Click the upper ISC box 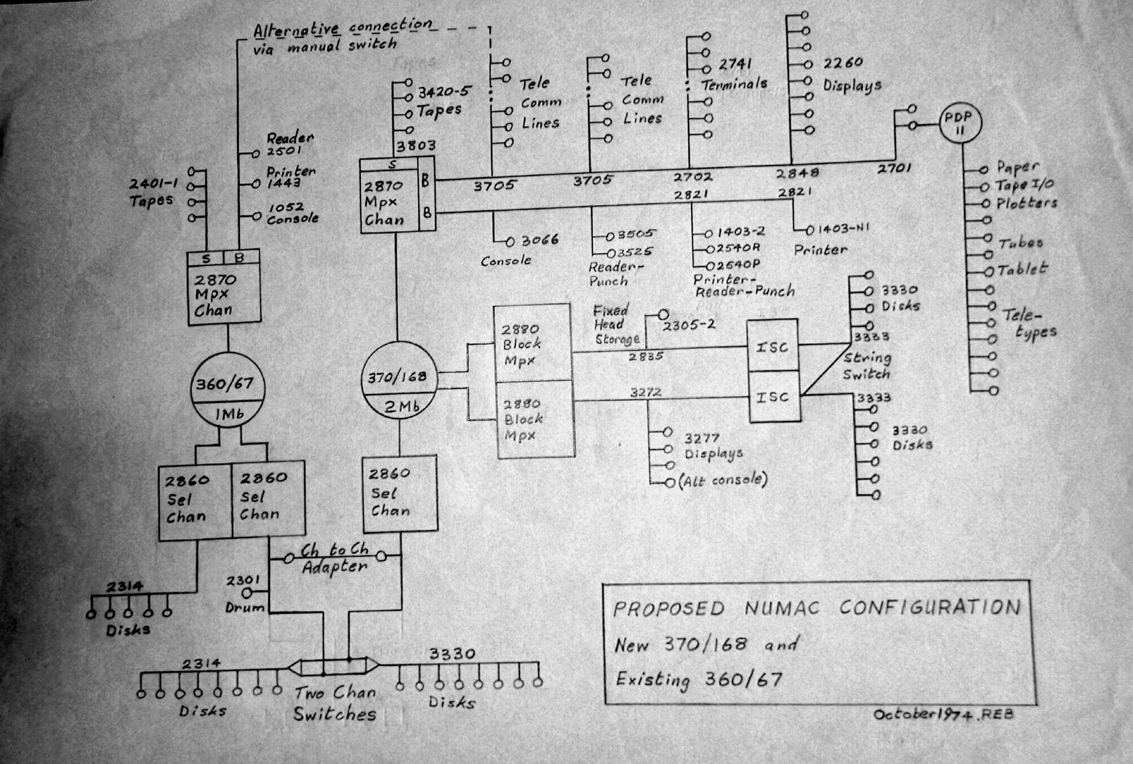773,346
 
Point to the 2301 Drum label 244,593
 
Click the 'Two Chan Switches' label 334,703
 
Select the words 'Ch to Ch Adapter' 335,558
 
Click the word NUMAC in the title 783,607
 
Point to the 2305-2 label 688,325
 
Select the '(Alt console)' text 723,480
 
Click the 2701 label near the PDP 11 894,169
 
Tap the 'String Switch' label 867,365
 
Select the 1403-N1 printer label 844,228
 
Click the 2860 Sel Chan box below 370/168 400,493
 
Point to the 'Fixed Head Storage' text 614,325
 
